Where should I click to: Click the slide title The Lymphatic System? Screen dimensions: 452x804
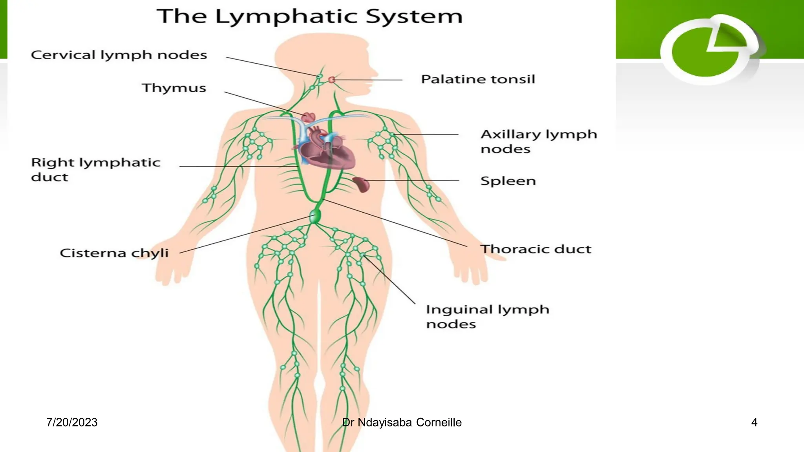309,17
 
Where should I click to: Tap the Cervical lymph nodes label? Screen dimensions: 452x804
119,55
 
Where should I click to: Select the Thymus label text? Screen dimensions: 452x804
174,88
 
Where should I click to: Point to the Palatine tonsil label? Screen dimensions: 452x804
478,79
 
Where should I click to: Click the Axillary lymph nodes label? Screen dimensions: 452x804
538,141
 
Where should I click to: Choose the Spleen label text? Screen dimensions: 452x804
508,181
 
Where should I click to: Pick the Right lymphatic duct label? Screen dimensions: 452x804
95,169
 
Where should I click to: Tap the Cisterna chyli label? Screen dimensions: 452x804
114,253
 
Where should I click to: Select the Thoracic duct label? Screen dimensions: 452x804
535,249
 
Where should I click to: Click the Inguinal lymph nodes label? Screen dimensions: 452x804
487,317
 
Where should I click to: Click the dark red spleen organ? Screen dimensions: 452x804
362,184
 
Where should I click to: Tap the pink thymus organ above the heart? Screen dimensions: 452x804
309,117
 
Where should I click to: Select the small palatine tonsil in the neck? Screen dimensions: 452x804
332,80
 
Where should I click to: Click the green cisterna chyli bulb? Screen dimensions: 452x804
315,216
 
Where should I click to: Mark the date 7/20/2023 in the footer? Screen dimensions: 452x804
72,422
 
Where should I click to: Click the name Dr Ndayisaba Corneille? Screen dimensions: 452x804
402,422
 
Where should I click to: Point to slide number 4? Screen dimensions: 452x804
754,422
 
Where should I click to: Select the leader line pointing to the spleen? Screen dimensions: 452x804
412,180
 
